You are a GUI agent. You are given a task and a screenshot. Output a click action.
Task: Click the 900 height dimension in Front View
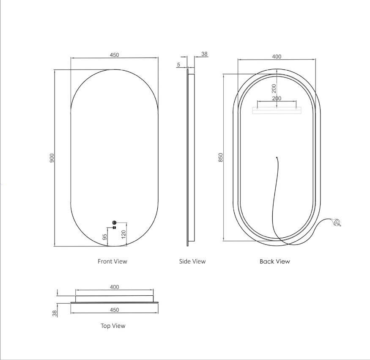[52, 158]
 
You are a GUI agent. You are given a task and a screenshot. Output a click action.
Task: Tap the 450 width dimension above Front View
[115, 55]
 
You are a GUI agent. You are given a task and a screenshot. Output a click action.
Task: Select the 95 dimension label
[105, 237]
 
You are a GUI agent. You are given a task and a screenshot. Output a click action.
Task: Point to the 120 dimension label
[123, 234]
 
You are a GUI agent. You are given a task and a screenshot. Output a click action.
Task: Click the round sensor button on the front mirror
[115, 223]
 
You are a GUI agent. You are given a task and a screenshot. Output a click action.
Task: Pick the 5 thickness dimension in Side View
[178, 64]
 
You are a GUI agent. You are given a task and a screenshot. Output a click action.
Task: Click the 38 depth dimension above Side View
[204, 54]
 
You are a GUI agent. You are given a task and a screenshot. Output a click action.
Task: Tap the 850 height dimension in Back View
[221, 157]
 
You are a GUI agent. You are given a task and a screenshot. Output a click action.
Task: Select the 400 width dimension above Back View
[277, 57]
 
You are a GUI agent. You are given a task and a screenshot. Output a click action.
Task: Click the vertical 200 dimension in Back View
[274, 88]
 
